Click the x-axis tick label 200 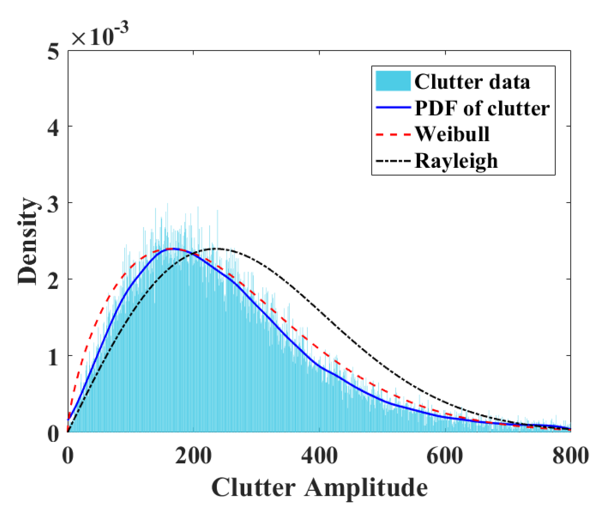coord(193,456)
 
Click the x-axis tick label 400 coord(319,456)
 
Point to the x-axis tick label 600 coord(445,456)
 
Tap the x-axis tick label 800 coord(570,456)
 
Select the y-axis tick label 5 coord(53,51)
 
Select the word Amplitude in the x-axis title coord(366,487)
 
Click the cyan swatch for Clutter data coord(393,81)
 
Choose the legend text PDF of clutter coord(482,108)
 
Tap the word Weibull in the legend coord(452,134)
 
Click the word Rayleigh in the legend coord(456,161)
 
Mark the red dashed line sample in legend coord(393,134)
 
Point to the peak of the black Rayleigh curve coord(217,249)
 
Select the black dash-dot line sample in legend coord(393,161)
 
